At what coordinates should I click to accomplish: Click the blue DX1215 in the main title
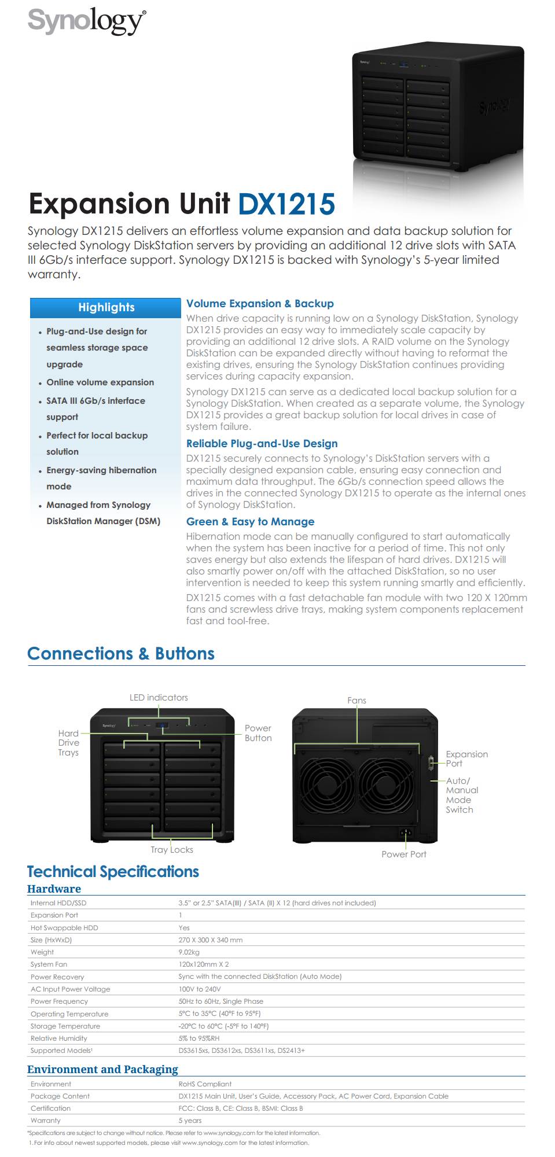tap(286, 204)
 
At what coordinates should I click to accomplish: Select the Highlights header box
tap(106, 308)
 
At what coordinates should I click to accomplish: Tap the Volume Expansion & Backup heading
tap(260, 304)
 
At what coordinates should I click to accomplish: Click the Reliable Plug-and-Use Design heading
tap(262, 444)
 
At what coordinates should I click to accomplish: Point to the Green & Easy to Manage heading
tap(250, 522)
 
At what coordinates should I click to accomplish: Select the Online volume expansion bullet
tap(100, 382)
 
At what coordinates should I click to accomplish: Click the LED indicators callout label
tap(159, 698)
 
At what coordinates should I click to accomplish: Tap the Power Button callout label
tap(258, 733)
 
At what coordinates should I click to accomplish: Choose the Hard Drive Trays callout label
tap(68, 743)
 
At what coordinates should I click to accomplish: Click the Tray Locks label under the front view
tap(172, 850)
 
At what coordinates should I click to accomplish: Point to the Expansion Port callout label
tap(466, 758)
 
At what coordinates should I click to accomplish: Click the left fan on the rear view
tap(327, 784)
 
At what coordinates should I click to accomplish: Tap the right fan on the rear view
tap(386, 784)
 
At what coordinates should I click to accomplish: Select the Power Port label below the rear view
tap(404, 854)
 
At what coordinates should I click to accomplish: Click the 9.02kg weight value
tap(189, 952)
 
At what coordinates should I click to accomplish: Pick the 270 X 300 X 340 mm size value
tap(211, 940)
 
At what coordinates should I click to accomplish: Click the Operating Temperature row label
tap(69, 1014)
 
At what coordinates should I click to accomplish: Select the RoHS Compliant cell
tap(205, 1084)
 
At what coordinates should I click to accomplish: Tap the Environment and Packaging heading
tap(102, 1070)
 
